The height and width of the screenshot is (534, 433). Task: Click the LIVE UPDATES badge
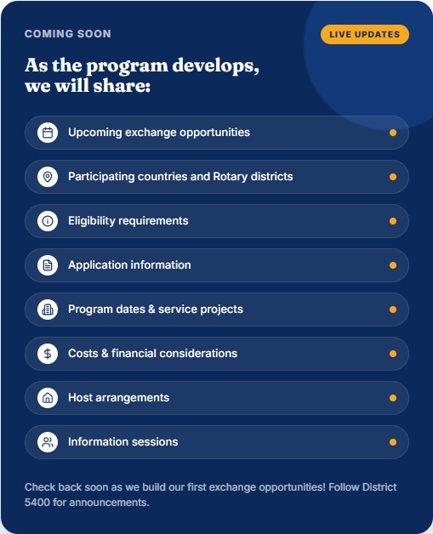[x=365, y=34]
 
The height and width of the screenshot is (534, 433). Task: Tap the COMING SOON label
[x=68, y=34]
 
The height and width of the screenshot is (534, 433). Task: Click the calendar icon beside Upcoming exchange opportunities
[x=48, y=133]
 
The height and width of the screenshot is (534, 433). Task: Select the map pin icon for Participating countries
[x=48, y=177]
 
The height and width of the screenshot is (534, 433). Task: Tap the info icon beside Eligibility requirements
[x=48, y=221]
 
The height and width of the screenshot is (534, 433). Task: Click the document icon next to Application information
[x=48, y=265]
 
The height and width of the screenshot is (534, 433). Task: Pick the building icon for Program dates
[x=48, y=310]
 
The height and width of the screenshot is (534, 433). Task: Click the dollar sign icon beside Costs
[x=48, y=354]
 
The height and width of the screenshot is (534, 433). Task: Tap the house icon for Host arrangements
[x=48, y=398]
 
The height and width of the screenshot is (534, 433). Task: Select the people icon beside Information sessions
[x=48, y=442]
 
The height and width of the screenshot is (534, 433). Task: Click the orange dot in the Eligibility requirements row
[x=393, y=221]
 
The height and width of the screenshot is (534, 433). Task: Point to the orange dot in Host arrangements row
[x=393, y=398]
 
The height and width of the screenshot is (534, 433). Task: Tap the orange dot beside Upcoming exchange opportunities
[x=393, y=133]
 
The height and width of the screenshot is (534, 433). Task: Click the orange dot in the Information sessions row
[x=393, y=442]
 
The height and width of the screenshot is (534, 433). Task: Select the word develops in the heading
[x=215, y=65]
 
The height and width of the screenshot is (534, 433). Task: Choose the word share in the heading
[x=122, y=86]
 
